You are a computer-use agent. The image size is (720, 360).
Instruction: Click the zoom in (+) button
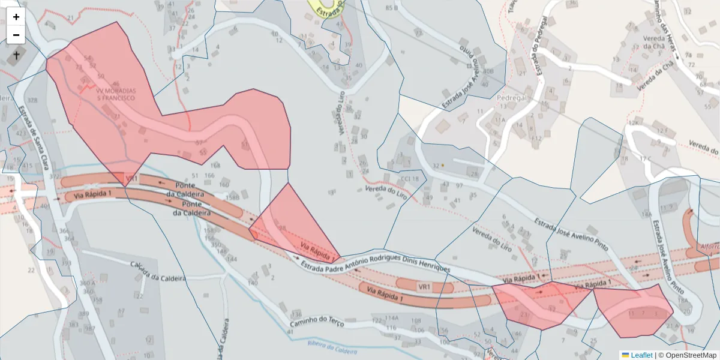pyautogui.click(x=16, y=17)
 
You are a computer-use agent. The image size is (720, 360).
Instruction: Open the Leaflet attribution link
pyautogui.click(x=641, y=355)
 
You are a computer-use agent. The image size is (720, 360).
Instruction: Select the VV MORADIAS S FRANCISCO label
pyautogui.click(x=116, y=94)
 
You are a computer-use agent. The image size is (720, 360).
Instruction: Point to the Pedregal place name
pyautogui.click(x=512, y=97)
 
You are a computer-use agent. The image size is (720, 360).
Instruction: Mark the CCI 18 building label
pyautogui.click(x=410, y=178)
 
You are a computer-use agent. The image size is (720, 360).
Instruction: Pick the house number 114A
pyautogui.click(x=392, y=318)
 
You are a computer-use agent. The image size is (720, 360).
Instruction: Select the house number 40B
pyautogui.click(x=488, y=71)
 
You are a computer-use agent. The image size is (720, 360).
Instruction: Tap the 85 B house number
pyautogui.click(x=392, y=8)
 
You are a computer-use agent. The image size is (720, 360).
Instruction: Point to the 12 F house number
pyautogui.click(x=662, y=130)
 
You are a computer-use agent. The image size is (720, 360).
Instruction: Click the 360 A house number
pyautogui.click(x=87, y=283)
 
